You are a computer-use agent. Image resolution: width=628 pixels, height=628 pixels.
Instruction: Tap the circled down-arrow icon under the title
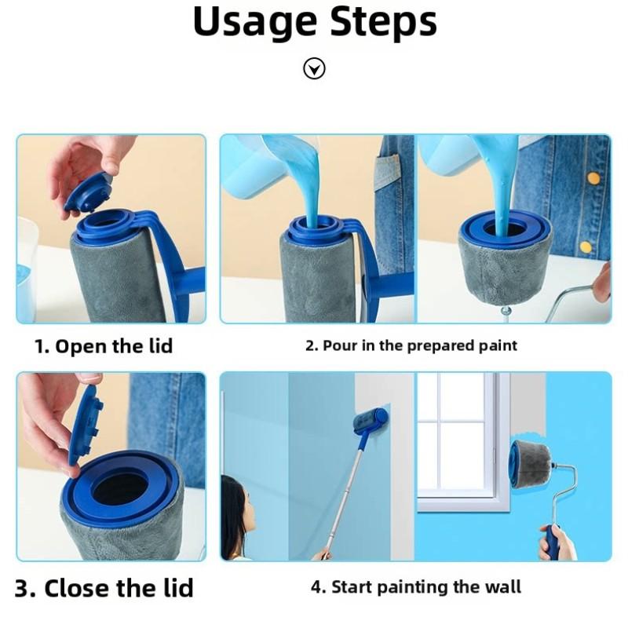(314, 70)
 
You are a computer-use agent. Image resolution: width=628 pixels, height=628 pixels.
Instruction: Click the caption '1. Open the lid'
(104, 346)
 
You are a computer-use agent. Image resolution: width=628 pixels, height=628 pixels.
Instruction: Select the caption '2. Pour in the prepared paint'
(411, 345)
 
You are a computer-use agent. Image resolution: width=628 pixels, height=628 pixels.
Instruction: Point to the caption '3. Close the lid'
(104, 588)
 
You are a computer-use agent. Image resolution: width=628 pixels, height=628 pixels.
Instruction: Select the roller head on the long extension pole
(369, 421)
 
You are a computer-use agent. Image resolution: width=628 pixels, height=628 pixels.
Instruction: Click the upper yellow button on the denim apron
(593, 178)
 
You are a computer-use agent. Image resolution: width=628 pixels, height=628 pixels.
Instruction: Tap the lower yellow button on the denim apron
(585, 246)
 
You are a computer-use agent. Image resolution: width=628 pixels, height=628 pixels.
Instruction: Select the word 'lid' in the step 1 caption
(157, 346)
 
